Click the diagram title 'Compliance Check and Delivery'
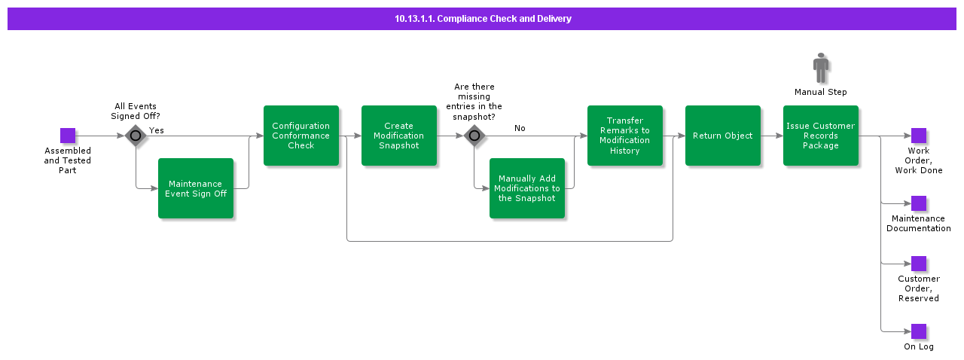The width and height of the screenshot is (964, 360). pos(483,19)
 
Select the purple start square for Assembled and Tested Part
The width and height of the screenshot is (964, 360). pos(68,136)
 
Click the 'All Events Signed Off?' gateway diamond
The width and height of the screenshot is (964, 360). pos(136,136)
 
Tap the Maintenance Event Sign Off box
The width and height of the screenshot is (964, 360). pos(196,188)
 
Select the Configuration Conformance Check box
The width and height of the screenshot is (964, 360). pos(301,136)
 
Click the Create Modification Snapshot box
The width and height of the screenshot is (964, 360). pos(399,136)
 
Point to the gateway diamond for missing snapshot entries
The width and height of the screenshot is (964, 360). pos(474,136)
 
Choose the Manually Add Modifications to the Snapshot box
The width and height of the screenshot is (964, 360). pos(527,188)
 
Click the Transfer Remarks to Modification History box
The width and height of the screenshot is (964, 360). pos(625,136)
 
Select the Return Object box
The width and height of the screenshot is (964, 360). pos(723,136)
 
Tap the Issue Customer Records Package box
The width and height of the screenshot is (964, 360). pos(821,136)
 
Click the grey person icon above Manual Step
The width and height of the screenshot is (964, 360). pos(821,69)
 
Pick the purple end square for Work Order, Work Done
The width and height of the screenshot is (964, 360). pos(919,136)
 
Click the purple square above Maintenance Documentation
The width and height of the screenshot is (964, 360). pos(919,203)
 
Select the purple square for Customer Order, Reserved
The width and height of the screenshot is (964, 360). pos(919,264)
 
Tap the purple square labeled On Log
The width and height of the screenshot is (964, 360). pos(919,331)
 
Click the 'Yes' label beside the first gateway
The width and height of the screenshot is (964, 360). pos(157,130)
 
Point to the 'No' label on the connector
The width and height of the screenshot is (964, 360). pos(520,128)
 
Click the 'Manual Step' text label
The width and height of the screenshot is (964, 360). pos(821,92)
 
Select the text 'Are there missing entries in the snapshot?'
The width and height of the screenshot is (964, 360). pos(474,102)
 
